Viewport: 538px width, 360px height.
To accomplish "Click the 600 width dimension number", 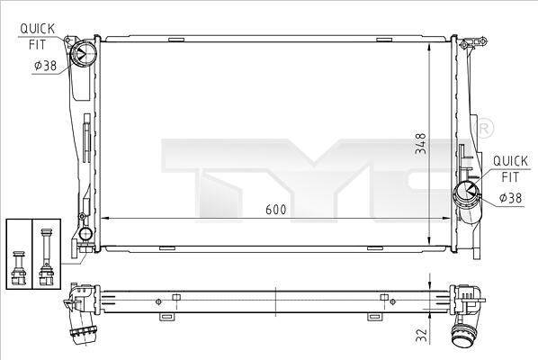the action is click(x=276, y=210).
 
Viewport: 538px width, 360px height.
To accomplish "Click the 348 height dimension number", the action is click(x=421, y=143).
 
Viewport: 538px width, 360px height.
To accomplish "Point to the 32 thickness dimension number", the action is click(x=422, y=335).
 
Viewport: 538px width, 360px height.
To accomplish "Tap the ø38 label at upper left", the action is click(x=46, y=65).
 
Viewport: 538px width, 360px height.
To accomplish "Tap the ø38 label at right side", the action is click(x=510, y=198).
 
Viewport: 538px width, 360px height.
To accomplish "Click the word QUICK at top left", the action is click(x=37, y=29).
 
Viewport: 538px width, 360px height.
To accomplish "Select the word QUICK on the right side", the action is click(x=510, y=161).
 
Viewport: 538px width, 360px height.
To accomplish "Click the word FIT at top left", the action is click(x=37, y=45).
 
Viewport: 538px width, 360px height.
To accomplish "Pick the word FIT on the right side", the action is click(x=510, y=177).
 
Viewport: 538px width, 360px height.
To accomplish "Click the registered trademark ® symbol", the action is click(x=484, y=129).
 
